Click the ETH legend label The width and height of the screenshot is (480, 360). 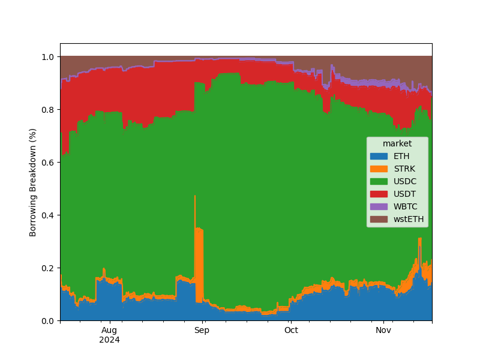tap(402, 156)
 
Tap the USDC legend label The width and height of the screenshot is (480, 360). tap(405, 181)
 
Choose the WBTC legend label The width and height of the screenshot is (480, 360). tap(406, 206)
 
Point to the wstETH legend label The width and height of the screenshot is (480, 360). tap(409, 219)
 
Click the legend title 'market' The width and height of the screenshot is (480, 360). tap(397, 143)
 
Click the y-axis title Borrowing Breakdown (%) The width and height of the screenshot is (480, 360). tap(34, 182)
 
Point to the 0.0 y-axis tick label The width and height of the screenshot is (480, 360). tap(49, 321)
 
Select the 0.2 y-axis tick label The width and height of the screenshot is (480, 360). tap(49, 268)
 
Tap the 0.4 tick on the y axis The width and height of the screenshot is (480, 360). tap(49, 215)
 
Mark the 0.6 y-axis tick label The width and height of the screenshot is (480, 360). tap(49, 163)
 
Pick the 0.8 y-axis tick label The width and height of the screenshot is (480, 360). tap(49, 110)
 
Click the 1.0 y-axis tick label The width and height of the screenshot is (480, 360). tap(49, 57)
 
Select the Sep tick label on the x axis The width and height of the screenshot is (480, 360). tap(202, 330)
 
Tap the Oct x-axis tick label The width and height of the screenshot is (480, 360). tap(291, 330)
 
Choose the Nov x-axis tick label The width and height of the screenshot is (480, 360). tap(383, 330)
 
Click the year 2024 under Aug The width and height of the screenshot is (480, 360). tap(109, 340)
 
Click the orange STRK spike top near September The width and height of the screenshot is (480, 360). tap(195, 196)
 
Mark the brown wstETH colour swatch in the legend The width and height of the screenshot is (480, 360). tap(379, 219)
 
